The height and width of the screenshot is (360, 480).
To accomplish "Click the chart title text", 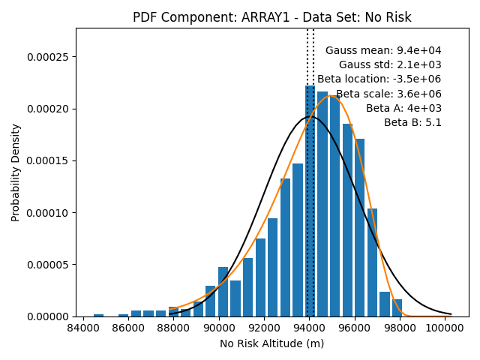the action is click(x=271, y=17).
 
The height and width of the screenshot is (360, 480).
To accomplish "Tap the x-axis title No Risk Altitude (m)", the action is click(x=271, y=343).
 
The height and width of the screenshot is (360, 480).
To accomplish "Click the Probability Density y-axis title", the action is click(x=15, y=172).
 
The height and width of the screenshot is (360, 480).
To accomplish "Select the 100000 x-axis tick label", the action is click(x=445, y=328).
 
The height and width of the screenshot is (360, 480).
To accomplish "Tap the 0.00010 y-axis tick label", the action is click(x=47, y=213).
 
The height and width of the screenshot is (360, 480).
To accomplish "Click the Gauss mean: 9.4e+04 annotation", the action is click(x=383, y=50).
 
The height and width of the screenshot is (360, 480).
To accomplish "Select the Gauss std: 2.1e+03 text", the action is click(x=390, y=64).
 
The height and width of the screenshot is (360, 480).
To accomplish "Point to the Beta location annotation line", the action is click(x=379, y=79).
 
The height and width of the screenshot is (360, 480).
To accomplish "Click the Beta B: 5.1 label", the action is click(x=412, y=122).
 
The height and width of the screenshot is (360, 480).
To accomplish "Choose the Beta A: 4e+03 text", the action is click(x=403, y=108).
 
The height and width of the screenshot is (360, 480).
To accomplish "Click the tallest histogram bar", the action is click(x=310, y=201).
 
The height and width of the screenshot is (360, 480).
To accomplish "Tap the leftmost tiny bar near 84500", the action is click(x=98, y=315).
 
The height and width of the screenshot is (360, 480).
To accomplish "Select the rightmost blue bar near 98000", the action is click(x=397, y=308).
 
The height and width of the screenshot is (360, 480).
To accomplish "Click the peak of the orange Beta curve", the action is click(x=330, y=95).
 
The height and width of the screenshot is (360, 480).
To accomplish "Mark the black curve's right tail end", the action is click(x=451, y=314).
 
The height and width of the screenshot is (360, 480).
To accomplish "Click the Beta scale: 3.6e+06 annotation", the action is click(x=388, y=94).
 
